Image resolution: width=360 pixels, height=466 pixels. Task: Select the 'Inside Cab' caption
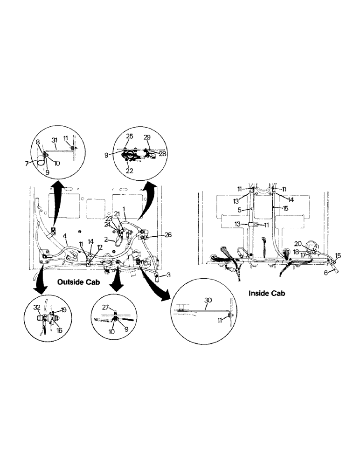pyautogui.click(x=267, y=294)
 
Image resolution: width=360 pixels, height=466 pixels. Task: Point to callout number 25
pyautogui.click(x=129, y=136)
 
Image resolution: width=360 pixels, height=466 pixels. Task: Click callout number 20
pyautogui.click(x=298, y=243)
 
